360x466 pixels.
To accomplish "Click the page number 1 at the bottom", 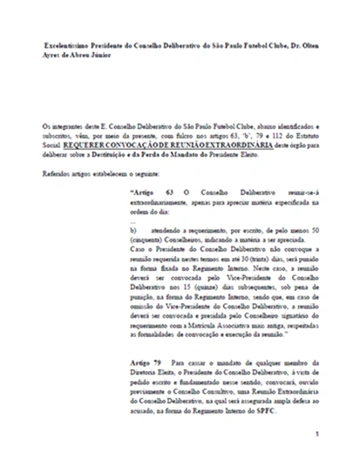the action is [x=319, y=433].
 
